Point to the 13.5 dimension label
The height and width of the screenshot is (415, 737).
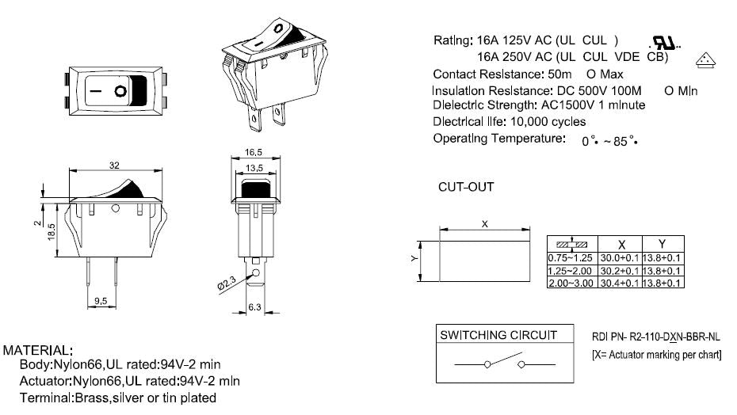[254, 168]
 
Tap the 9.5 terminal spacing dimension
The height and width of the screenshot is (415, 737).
[101, 300]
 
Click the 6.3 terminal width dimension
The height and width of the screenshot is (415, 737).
[255, 306]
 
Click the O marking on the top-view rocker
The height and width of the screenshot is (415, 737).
[120, 91]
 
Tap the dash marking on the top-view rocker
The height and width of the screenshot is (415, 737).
[95, 91]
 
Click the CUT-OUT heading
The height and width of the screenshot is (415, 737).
[466, 188]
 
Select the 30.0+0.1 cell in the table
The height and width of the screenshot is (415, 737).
[620, 258]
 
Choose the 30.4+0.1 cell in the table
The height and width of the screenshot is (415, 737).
[620, 283]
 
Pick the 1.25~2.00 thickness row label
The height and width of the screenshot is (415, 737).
[571, 271]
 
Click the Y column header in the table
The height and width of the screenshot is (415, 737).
[662, 245]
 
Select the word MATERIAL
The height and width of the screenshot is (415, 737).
[39, 350]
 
